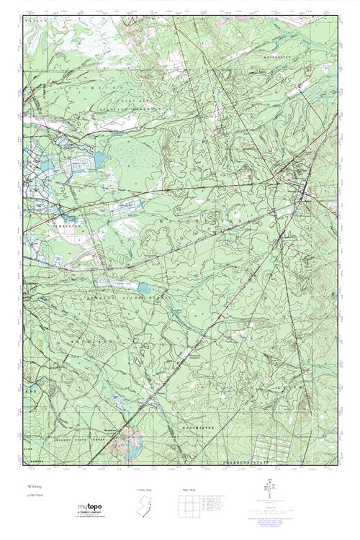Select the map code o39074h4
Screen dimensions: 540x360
point(35,496)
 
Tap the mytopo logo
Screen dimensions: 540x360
point(93,508)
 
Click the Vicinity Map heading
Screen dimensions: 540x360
point(145,490)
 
